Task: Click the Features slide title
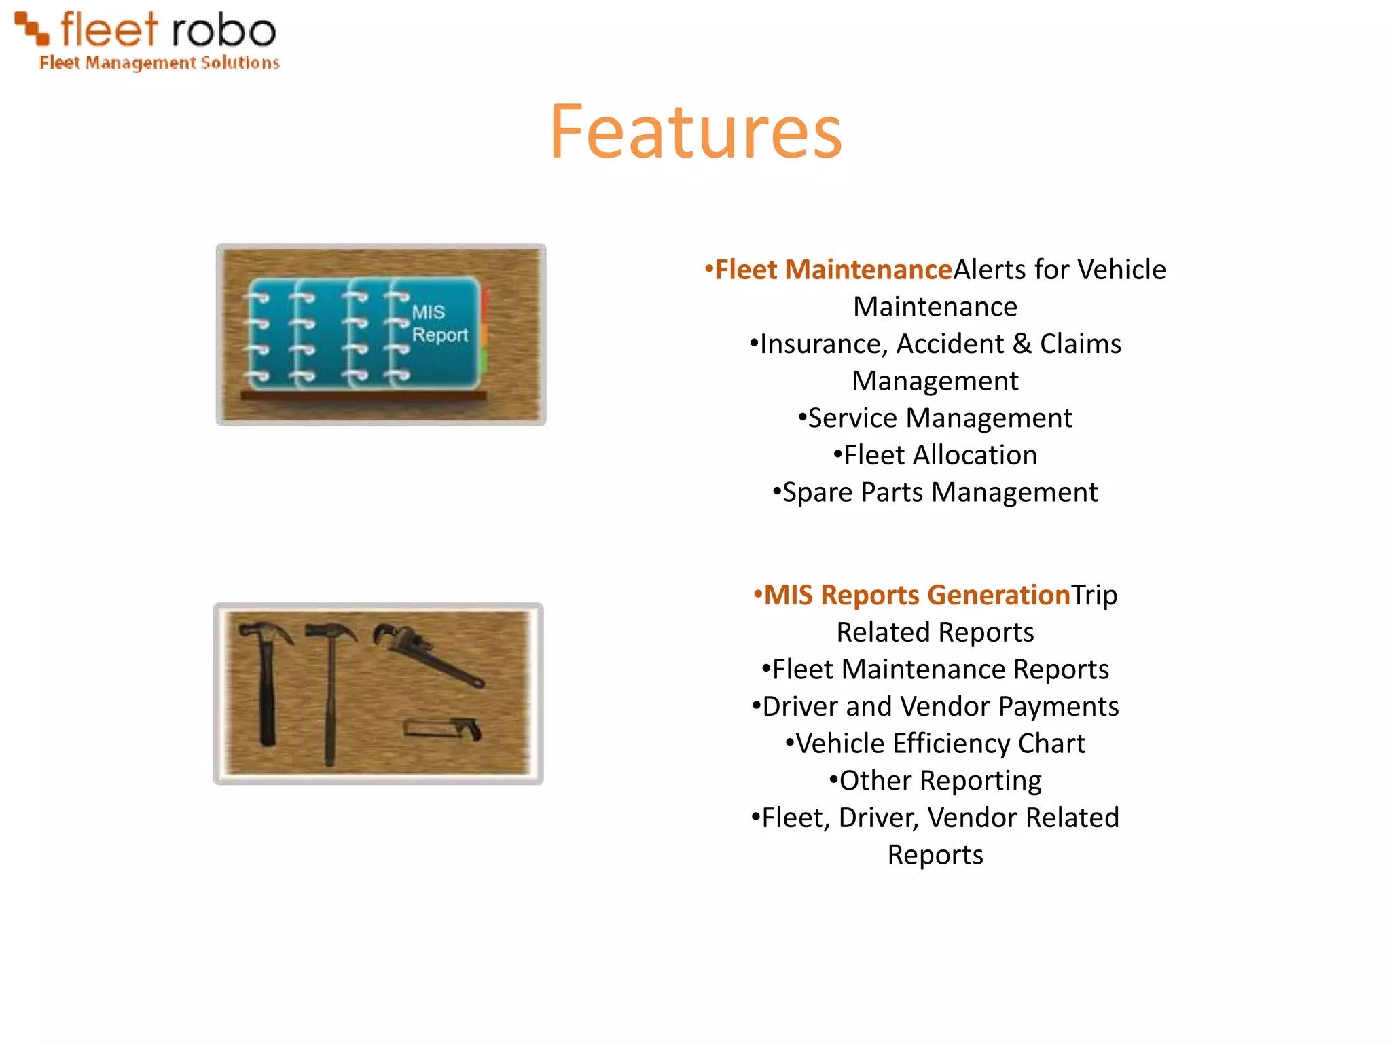coord(695,132)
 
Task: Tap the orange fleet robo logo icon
coord(32,28)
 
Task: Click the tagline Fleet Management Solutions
coord(160,63)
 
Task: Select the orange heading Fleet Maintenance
coord(833,270)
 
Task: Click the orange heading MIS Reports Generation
coord(917,596)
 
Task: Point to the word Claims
coord(1080,344)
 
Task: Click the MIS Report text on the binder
coord(439,324)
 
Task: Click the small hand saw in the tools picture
coord(443,729)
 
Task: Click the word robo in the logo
coord(223,31)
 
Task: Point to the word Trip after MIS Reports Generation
coord(1094,596)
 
